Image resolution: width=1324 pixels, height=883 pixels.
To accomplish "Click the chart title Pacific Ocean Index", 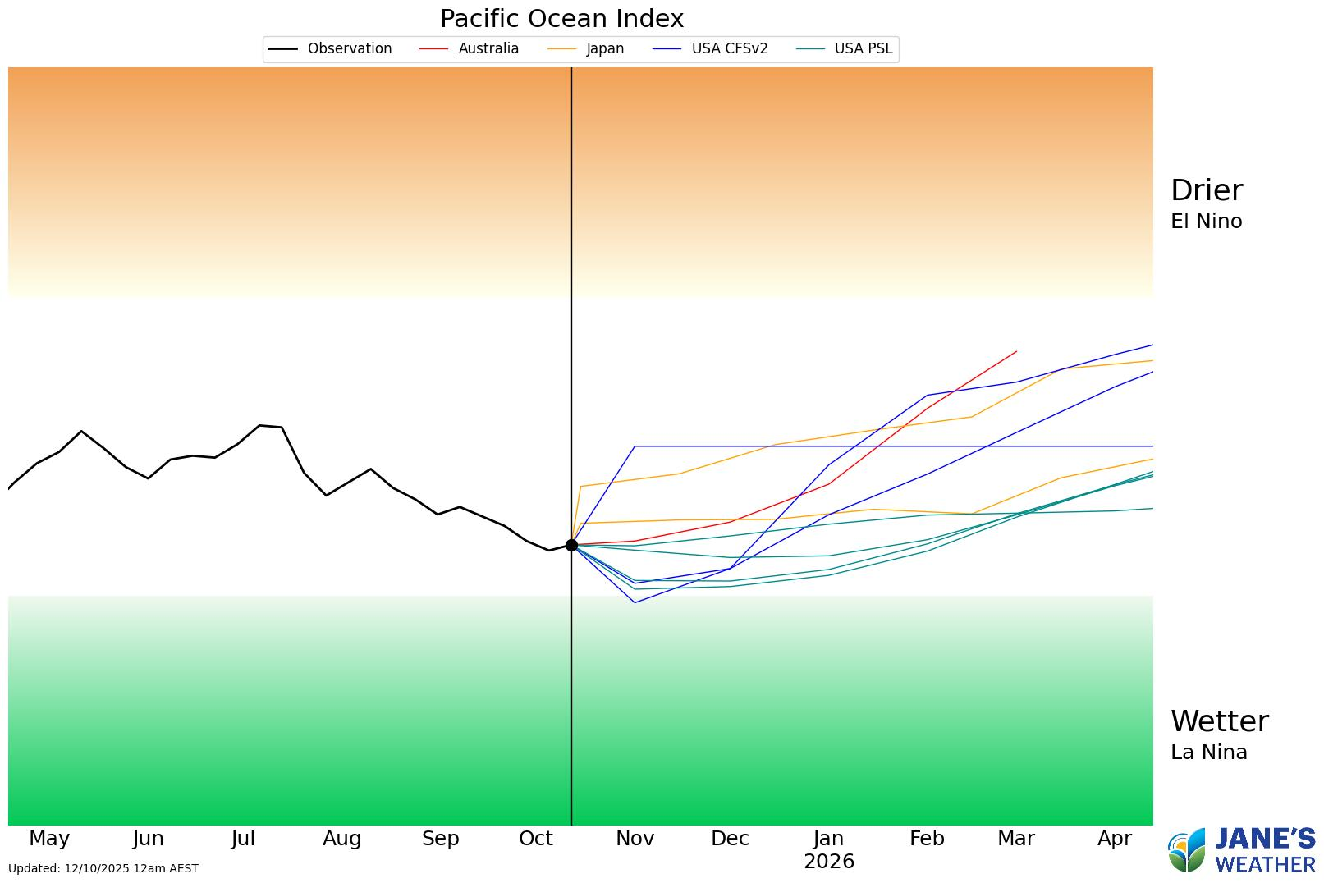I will (561, 19).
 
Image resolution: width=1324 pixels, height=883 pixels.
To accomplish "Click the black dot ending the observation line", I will (571, 545).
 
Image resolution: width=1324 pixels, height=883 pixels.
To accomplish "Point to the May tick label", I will (49, 839).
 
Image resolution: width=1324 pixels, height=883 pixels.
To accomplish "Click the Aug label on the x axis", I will (341, 839).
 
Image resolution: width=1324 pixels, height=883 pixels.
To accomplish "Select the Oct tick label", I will (536, 839).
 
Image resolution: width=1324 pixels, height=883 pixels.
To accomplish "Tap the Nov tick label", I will (635, 839).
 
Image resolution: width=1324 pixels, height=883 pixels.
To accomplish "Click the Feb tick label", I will (927, 839).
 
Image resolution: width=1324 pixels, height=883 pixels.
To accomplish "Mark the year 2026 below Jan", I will (829, 862).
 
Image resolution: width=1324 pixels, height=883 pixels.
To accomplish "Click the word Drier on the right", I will (1206, 190).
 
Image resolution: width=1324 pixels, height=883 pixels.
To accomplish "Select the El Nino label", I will (1206, 222).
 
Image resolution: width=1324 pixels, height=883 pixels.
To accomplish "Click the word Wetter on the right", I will (1219, 721).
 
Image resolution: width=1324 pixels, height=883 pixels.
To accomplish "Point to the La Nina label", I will (1208, 753).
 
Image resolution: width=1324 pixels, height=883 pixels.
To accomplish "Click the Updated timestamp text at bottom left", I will (103, 868).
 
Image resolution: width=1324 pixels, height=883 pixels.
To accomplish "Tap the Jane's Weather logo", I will (1241, 851).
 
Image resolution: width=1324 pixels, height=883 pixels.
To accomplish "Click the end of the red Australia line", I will (1016, 351).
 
